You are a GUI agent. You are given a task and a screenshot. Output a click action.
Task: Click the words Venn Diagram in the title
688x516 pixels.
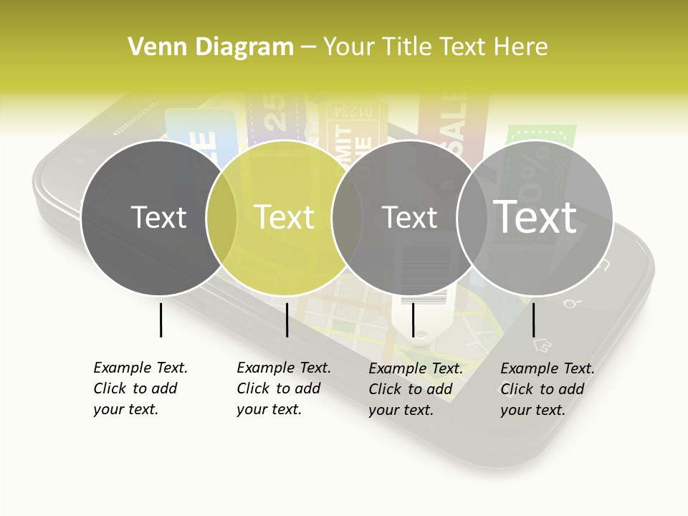point(211,47)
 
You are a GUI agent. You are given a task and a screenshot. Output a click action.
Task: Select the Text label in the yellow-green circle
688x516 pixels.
point(285,217)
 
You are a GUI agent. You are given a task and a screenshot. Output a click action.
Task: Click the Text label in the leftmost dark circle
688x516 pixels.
point(158,217)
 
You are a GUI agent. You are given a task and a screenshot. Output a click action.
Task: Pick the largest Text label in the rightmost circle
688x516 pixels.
point(535,216)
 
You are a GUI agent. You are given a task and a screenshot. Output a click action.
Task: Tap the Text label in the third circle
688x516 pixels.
point(409,217)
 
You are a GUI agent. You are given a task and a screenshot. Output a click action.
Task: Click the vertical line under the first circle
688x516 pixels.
point(161,320)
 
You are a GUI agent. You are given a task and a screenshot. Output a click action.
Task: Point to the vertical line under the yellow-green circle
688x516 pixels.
point(287,320)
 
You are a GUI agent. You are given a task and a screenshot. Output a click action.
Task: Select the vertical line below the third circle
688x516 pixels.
point(413,320)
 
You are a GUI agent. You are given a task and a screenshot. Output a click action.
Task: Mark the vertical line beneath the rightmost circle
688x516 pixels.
point(533,320)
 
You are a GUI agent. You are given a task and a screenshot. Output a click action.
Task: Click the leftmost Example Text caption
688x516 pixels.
point(140,388)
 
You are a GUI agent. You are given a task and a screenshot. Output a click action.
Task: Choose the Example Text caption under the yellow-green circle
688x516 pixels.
point(284,388)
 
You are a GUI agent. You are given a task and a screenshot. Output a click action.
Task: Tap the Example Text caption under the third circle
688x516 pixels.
point(416,389)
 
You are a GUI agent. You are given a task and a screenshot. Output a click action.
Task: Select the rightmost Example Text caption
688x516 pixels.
point(548,389)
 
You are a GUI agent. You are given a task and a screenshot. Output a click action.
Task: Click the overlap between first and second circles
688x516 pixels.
point(221,217)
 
